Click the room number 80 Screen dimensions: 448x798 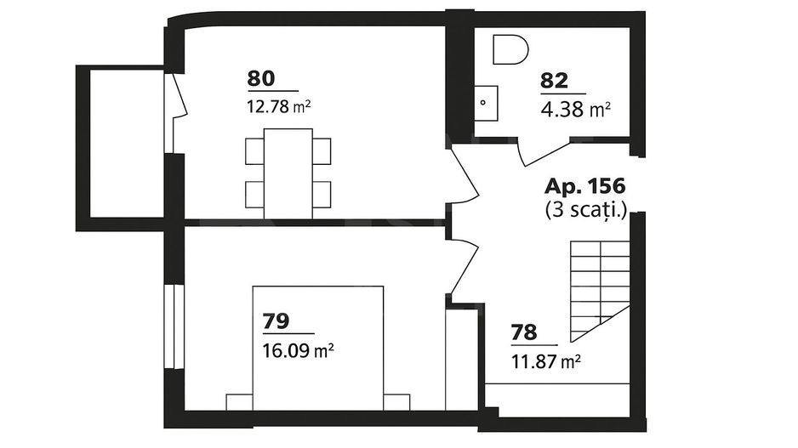coord(260,78)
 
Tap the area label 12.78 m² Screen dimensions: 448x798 coord(275,106)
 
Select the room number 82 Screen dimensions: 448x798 coord(553,81)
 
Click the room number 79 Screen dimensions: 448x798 coord(276,320)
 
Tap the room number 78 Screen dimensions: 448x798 coord(523,332)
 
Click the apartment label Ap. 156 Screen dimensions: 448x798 coord(585,185)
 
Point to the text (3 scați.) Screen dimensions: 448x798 coord(585,210)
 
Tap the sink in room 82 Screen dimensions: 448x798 coord(486,103)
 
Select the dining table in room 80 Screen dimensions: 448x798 coord(288,173)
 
